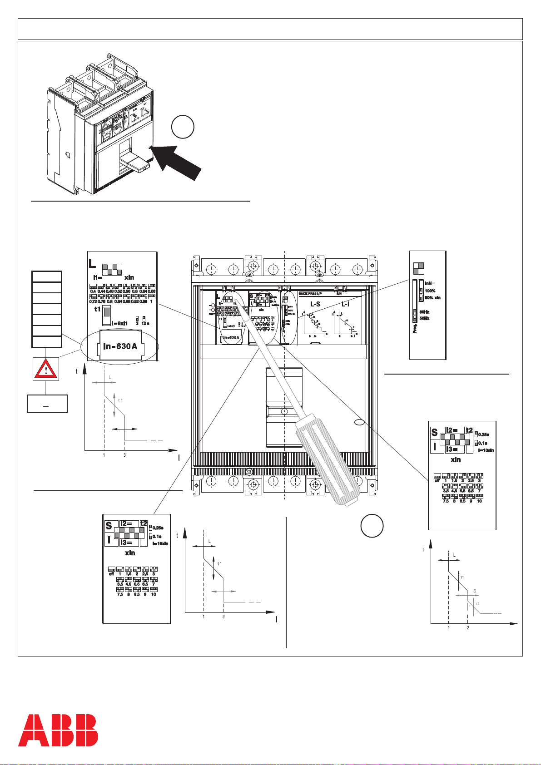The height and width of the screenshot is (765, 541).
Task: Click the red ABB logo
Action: click(x=58, y=730)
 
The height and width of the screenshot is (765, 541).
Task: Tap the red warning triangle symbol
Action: click(x=45, y=368)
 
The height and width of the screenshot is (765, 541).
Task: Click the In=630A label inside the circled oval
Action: click(x=120, y=347)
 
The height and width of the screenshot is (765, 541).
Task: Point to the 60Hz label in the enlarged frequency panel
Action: click(x=424, y=312)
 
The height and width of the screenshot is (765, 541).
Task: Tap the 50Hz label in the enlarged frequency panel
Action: click(x=424, y=319)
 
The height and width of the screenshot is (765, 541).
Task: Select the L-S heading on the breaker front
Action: click(x=315, y=304)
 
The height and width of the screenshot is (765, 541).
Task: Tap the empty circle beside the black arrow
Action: click(x=183, y=127)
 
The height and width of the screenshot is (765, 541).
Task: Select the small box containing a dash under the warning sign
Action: click(x=47, y=404)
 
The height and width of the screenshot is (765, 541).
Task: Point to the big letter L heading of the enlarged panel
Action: click(x=92, y=263)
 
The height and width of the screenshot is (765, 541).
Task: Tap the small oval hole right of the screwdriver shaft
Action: click(x=359, y=423)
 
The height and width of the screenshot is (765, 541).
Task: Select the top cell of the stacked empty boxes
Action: click(x=46, y=276)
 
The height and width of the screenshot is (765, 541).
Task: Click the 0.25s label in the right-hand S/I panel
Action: click(x=482, y=434)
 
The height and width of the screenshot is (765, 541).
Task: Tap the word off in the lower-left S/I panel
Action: click(x=111, y=574)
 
